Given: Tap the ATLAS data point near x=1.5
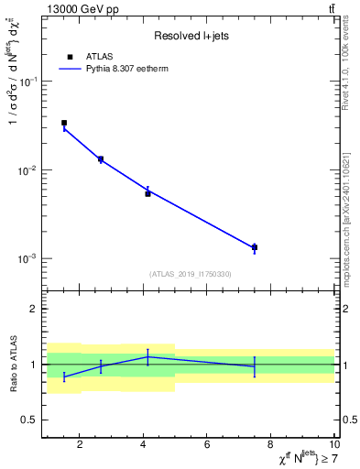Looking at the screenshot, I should [64, 123].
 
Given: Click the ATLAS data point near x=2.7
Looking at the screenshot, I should [101, 159].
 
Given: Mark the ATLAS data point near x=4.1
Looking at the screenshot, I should [147, 193].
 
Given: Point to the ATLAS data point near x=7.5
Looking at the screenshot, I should [255, 247].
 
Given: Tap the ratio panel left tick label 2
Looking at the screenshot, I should [33, 310].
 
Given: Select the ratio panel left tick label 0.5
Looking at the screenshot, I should [29, 420].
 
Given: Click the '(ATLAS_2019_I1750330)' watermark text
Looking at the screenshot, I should [190, 274].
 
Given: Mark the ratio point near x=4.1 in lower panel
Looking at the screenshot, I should [147, 356].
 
